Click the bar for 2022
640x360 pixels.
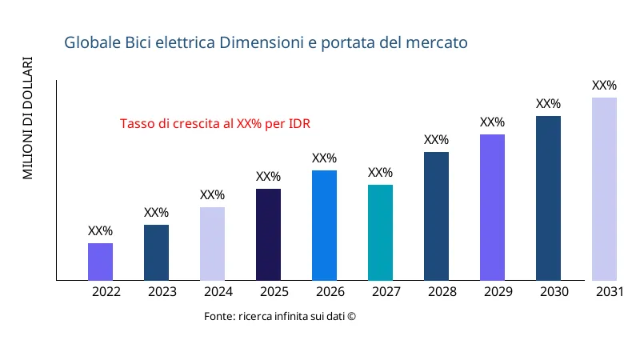(100, 262)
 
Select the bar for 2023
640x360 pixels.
(156, 253)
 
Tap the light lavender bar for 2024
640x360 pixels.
(212, 244)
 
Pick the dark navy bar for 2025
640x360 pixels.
(268, 234)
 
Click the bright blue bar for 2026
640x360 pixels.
(324, 226)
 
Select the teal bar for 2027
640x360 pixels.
(380, 233)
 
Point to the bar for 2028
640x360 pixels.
(436, 216)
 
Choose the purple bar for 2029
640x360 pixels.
(492, 207)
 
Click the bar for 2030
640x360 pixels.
(548, 198)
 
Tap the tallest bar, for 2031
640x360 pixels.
(604, 189)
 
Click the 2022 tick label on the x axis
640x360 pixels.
(106, 292)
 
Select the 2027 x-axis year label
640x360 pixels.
(386, 292)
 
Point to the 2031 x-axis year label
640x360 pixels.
(610, 292)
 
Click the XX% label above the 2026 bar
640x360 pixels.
(324, 158)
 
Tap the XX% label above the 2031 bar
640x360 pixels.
(604, 86)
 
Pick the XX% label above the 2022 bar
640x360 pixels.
(100, 231)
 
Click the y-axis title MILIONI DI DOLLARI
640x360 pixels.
(28, 118)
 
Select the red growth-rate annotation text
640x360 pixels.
(215, 124)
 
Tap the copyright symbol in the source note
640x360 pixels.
(350, 317)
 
